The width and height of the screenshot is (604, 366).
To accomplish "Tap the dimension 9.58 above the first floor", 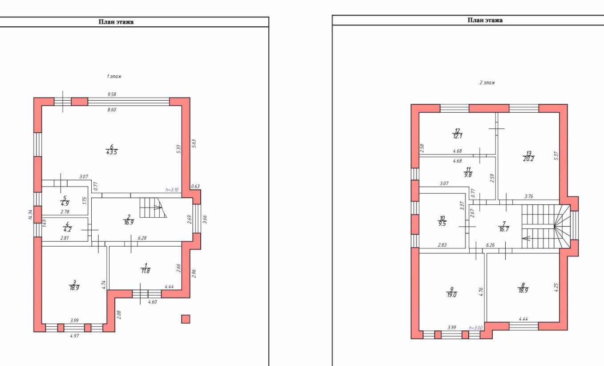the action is click(x=112, y=94).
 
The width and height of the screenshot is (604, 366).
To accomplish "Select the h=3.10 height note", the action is click(x=172, y=190).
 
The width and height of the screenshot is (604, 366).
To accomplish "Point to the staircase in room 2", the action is click(x=153, y=207).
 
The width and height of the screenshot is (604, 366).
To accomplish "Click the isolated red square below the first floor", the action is click(x=186, y=319).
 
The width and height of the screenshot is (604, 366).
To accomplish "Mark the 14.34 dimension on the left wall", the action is click(x=30, y=215).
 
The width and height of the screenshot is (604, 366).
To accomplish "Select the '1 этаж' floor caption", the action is click(x=114, y=76).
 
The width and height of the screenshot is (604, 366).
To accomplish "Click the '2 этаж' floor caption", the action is click(x=487, y=82).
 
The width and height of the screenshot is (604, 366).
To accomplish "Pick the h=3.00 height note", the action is click(x=476, y=328).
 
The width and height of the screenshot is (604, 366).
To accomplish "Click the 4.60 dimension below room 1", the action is click(x=152, y=302).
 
